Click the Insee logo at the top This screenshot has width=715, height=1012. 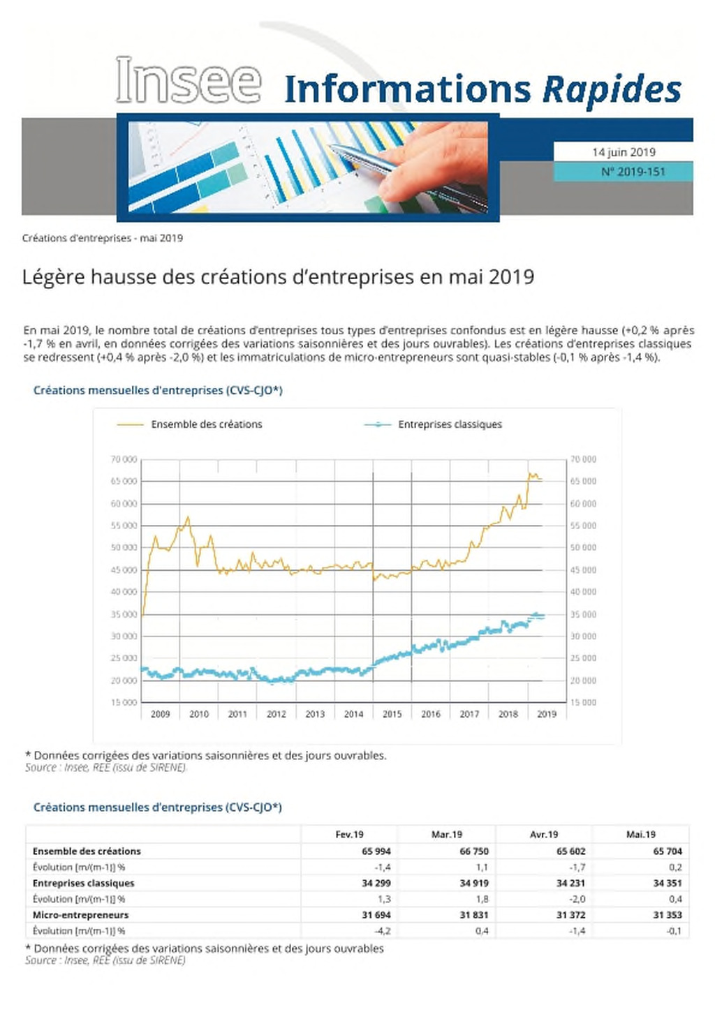pos(189,80)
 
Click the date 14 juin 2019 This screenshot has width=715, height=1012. pos(624,152)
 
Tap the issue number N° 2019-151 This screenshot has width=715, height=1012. pos(633,172)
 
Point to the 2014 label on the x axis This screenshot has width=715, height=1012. pos(353,714)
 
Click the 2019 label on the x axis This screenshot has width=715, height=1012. pos(547,714)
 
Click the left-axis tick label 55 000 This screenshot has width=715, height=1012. pos(124,526)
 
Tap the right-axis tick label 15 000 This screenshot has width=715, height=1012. pos(583,702)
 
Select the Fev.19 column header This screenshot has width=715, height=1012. pos(349,835)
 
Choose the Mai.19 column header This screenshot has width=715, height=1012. pos(641,835)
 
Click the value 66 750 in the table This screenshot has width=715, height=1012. pos(473,851)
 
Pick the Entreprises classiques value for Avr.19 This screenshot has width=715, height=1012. pos(570,883)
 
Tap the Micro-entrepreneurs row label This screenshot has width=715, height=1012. pos(80,915)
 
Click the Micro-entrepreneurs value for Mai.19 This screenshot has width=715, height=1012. pos(668,915)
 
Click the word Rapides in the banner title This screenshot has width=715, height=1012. pos(612,89)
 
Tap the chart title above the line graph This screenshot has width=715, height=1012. pos(158,390)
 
